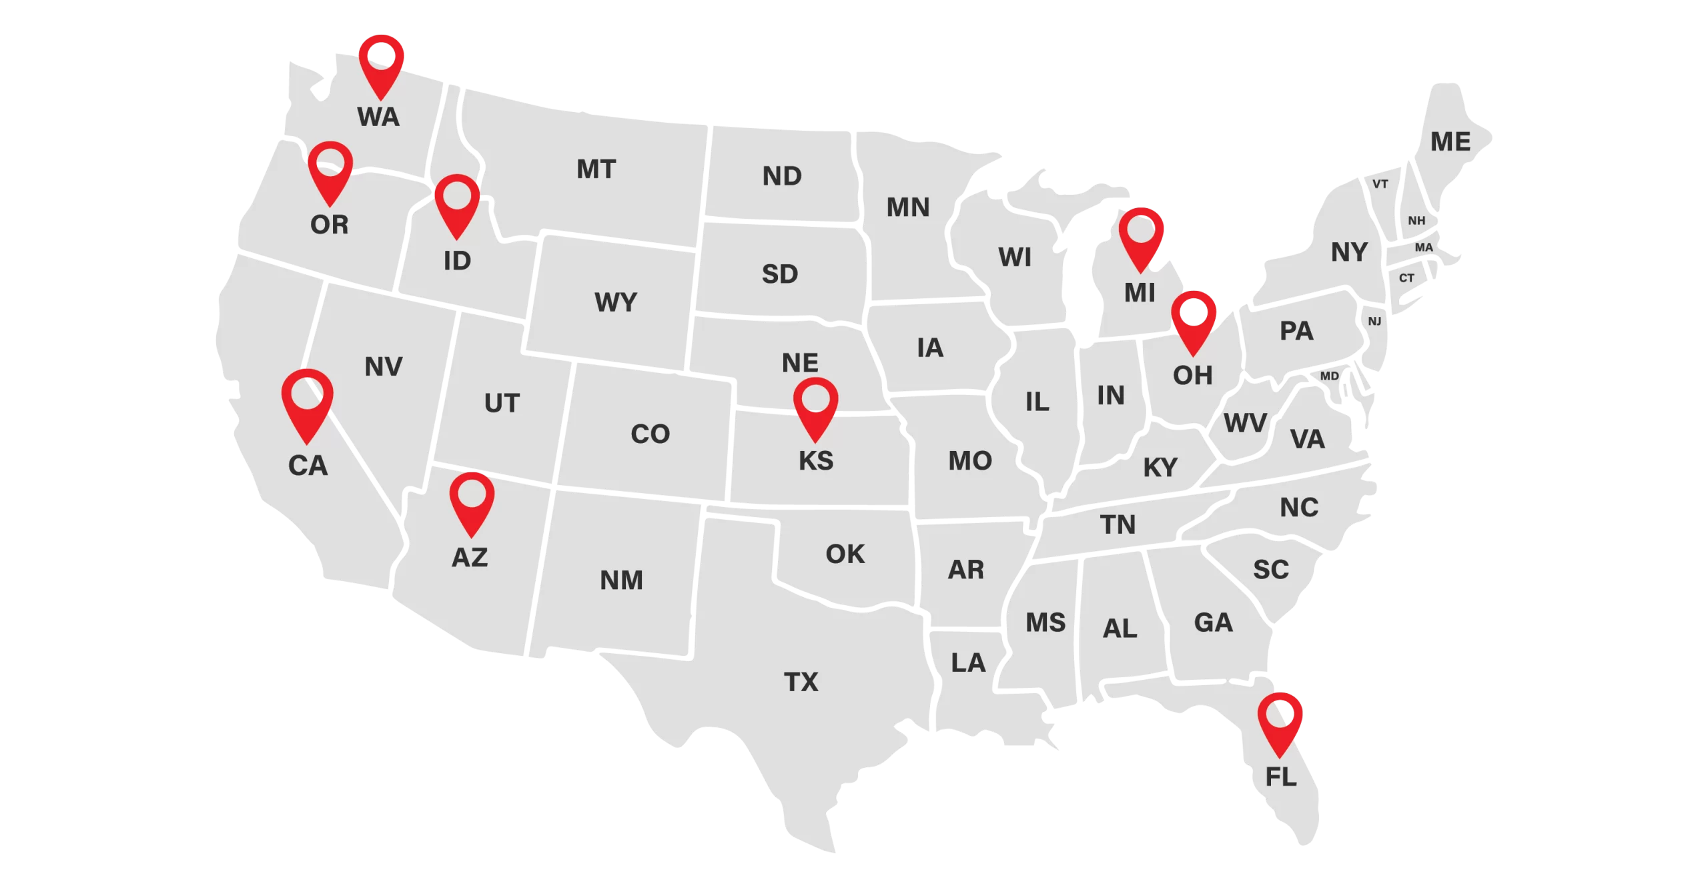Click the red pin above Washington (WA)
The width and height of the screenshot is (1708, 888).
point(381,63)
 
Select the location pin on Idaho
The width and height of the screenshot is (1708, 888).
point(457,203)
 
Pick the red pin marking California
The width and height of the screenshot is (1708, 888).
point(307,402)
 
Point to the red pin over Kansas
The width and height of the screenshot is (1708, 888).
point(815,406)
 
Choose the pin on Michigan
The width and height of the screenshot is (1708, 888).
point(1141,236)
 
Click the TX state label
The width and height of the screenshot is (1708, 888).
point(801,682)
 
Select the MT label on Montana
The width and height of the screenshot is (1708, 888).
point(596,169)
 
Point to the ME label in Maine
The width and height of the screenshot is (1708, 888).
point(1450,141)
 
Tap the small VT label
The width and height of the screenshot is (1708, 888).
point(1380,184)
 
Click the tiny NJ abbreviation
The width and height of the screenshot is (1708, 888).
point(1374,322)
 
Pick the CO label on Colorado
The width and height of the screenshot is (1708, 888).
point(650,434)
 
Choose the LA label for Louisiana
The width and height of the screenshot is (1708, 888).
point(967,662)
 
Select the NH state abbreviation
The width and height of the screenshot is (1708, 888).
point(1416,221)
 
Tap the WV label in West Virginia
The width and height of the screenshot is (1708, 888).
point(1245,423)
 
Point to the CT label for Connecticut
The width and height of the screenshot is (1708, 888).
point(1406,278)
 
